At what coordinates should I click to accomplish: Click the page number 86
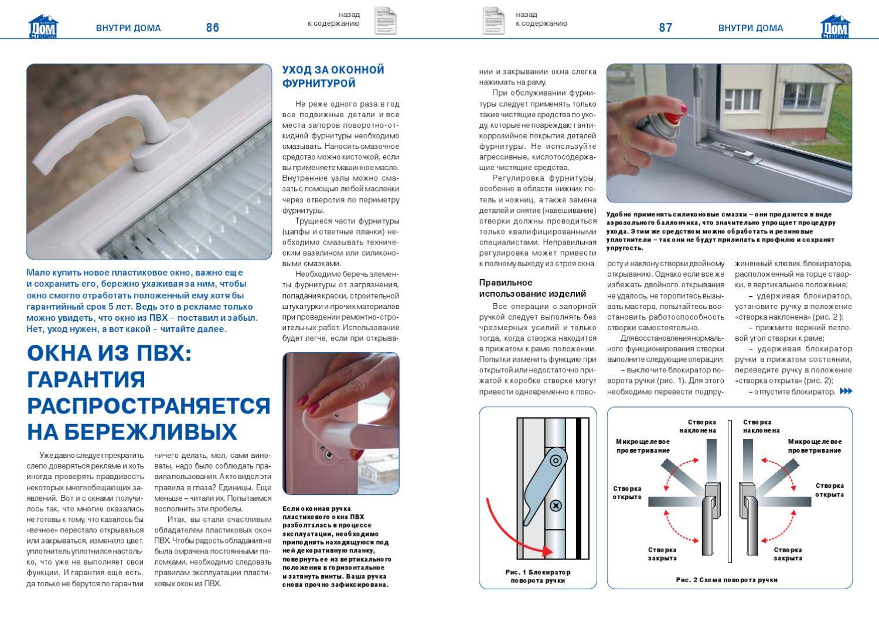coord(212,28)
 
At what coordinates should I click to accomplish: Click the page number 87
coord(665,28)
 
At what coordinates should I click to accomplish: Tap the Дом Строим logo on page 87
coord(834,27)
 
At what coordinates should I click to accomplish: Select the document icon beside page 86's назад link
coord(384,21)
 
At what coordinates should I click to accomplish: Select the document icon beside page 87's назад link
coord(493,21)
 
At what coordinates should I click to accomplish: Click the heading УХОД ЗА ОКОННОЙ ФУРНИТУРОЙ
coord(333,76)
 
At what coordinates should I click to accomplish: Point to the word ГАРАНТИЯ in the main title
coord(86,379)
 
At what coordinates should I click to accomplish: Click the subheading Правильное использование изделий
coord(532,288)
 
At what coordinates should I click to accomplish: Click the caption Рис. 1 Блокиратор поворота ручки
coord(537,576)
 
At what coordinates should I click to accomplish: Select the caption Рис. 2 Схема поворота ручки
coord(726,580)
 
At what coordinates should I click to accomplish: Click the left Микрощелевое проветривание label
coord(643,446)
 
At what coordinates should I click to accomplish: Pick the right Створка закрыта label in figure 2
coord(788,554)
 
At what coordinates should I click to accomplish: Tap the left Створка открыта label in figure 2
coord(627,493)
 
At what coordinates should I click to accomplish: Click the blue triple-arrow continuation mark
coord(846,391)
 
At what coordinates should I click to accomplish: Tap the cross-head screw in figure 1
coord(556,505)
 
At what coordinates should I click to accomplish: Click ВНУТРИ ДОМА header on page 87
coord(750,28)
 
